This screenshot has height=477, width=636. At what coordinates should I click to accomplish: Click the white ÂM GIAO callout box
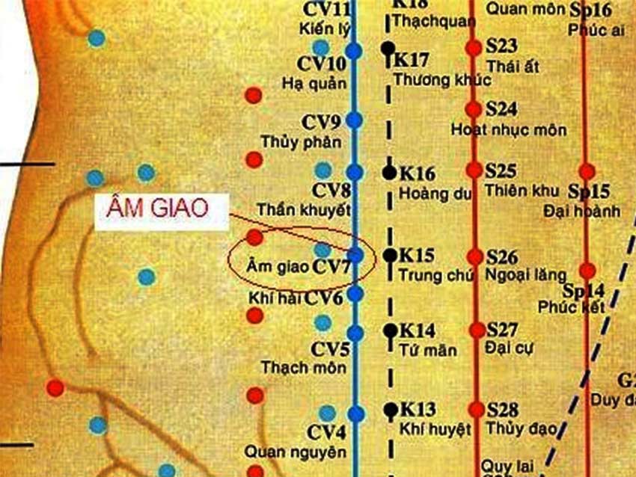coord(161,211)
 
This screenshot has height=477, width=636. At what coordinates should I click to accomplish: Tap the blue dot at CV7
coord(355,255)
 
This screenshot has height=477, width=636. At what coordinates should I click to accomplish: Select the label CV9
coord(322,121)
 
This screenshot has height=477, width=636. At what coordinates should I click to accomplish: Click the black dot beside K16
coord(389,172)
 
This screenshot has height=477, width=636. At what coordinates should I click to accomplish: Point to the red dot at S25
coord(474,170)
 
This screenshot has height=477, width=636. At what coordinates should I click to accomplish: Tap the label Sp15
coord(590,191)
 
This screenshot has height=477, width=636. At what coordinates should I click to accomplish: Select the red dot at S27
coord(476,330)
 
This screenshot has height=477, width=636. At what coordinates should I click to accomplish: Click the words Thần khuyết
coord(304,210)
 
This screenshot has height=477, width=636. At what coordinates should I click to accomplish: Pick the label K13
coord(418,410)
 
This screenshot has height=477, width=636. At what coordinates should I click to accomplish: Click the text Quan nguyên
coord(285,452)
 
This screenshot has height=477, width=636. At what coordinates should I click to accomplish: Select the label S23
coord(501,46)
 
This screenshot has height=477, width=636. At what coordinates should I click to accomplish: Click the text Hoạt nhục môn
coord(509,130)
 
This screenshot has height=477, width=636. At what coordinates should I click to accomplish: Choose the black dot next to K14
coord(389,329)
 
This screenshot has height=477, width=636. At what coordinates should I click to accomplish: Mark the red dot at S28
coord(477,410)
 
